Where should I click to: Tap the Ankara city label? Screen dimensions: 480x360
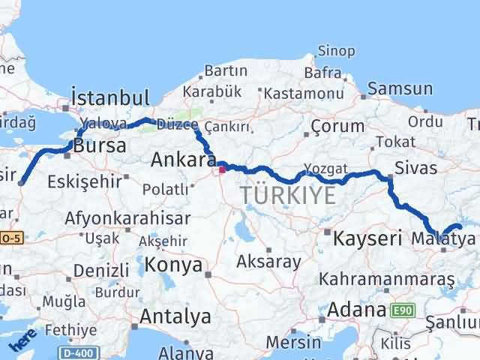[181, 160]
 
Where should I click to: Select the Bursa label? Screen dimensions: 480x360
[100, 145]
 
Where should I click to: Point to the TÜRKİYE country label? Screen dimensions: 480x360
[288, 196]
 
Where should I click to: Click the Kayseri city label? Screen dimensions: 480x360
[365, 239]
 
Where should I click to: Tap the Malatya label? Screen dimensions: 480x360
[444, 239]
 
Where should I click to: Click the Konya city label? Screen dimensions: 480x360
[174, 265]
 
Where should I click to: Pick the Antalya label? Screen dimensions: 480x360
[175, 316]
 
